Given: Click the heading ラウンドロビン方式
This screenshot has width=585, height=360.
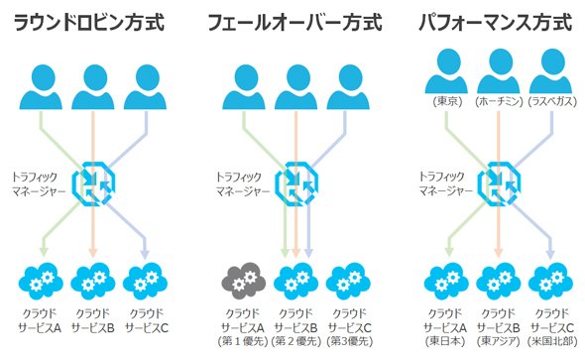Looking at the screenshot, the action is pos(89,23).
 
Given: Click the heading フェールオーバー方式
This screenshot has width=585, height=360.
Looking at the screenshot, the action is pos(294,23).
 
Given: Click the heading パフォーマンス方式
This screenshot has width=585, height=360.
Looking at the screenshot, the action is pos(495,23).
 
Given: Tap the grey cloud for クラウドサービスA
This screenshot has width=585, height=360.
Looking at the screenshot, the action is pos(244,281).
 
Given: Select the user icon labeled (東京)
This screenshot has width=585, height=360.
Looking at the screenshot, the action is pos(446,71).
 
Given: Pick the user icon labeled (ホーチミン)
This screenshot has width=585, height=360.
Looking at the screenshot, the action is pos(499,71).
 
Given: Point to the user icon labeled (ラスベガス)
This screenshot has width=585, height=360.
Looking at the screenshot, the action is pos(550,71).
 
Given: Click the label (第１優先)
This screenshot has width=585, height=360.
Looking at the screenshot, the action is pos(243,341).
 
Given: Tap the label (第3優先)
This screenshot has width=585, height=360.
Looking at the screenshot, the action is pos(350,341).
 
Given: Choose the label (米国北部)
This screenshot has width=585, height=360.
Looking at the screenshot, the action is pos(552,341).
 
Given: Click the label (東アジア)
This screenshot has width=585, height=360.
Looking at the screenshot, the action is pos(498,341).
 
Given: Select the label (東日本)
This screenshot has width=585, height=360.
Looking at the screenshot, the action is pos(445,341).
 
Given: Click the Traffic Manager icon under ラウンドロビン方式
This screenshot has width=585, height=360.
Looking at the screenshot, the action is pos(93,183).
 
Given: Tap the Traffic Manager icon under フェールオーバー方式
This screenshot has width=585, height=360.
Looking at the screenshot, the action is pos(296,183).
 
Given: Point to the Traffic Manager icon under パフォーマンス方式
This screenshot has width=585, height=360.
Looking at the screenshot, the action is pos(500,183).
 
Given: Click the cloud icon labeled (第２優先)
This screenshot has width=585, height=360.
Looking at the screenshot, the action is pos(295,281).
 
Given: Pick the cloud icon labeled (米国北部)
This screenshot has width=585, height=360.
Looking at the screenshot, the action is pos(550,281).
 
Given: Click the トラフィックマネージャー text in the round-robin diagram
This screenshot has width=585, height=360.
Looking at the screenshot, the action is pos(39,183).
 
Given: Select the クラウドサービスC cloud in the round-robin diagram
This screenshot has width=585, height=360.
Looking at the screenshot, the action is pos(145,281).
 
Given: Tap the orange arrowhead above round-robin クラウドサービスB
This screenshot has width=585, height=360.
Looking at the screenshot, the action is pos(93,253).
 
